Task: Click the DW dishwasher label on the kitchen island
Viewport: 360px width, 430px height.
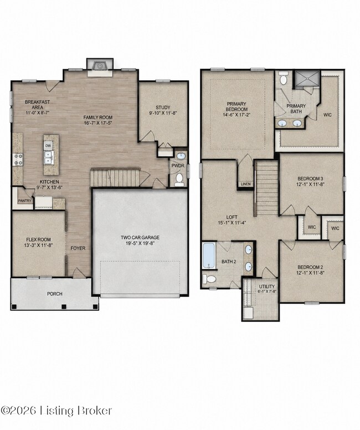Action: coord(48,145)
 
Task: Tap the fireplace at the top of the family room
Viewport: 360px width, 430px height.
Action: coord(100,66)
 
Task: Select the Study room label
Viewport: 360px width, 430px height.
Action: coord(163,107)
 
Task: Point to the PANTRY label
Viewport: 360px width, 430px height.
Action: coord(25,201)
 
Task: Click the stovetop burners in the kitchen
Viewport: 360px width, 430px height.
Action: coord(18,160)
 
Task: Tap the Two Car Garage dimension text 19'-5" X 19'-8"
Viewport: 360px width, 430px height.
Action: coord(140,243)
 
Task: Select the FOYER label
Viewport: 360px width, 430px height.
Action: coord(78,248)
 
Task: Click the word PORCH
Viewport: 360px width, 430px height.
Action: coord(55,294)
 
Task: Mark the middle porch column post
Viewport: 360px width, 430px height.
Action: coord(64,306)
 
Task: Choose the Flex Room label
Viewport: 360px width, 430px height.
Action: coord(38,239)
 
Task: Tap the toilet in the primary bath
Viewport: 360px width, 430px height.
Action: coord(284,78)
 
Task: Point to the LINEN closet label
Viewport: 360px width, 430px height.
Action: coord(246,184)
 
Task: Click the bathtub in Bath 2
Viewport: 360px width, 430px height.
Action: coord(209,255)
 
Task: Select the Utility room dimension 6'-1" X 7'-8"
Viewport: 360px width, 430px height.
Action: coord(268,291)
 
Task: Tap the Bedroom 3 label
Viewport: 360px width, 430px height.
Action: coord(310,179)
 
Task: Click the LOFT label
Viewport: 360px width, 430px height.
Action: coord(232,217)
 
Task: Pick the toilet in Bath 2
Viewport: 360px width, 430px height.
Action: coord(209,279)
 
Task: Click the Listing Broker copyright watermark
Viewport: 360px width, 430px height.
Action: coord(56,410)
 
